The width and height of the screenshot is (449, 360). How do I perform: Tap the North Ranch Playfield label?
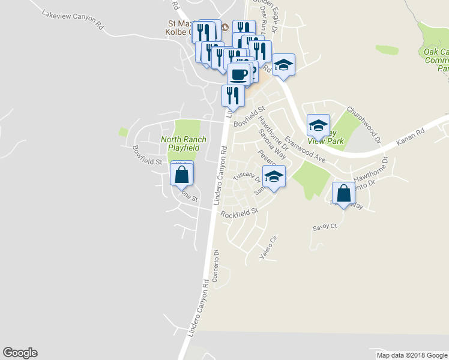click(183, 143)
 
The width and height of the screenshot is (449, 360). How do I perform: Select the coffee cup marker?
click(239, 75)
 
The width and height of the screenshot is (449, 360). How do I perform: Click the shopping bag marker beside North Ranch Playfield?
click(182, 175)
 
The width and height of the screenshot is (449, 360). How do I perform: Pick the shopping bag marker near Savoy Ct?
click(343, 194)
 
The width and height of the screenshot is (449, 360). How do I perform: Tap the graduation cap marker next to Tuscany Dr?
click(274, 177)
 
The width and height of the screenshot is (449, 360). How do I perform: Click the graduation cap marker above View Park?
click(318, 126)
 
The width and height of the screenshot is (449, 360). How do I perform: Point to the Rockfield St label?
click(238, 213)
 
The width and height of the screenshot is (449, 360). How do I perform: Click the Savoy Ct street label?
click(325, 227)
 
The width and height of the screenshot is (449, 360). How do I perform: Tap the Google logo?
click(20, 353)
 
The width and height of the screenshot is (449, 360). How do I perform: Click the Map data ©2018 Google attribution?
click(412, 355)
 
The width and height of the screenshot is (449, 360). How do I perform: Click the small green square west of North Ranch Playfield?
click(124, 131)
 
